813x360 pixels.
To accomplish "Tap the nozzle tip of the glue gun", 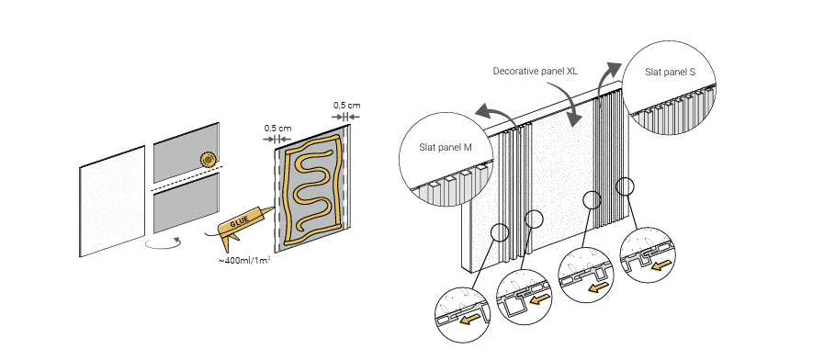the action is click(273, 208).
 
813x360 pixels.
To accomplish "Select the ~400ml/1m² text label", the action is click(244, 260).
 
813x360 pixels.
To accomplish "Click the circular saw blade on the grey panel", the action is click(209, 160).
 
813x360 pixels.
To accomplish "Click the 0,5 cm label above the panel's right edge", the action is click(346, 105).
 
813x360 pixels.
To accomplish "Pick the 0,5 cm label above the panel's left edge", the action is click(277, 128).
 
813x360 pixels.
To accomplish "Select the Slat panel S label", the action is click(670, 72).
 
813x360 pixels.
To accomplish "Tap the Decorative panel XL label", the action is click(535, 72).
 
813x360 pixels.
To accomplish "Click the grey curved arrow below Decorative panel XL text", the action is click(572, 108).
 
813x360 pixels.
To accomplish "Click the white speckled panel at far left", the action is click(112, 201).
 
